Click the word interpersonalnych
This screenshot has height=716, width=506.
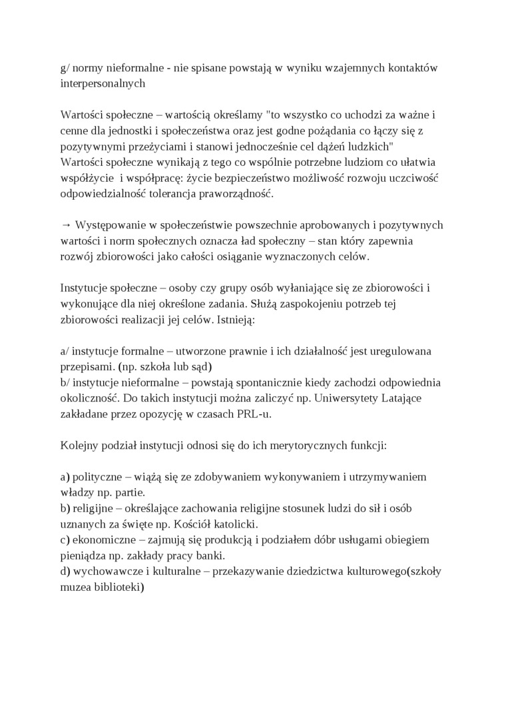pos(102,85)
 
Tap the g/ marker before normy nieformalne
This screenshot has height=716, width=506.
pos(64,68)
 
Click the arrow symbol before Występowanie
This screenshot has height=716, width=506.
pos(65,224)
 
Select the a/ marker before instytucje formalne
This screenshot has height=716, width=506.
pos(64,351)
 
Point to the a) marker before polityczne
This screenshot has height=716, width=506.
pos(65,477)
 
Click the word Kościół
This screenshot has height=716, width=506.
pos(219,525)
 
